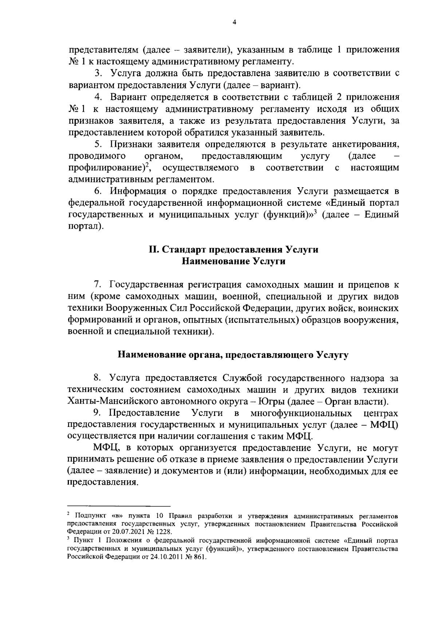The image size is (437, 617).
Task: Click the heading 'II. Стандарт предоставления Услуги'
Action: pyautogui.click(x=233, y=250)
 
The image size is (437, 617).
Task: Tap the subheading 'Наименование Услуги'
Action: pyautogui.click(x=233, y=262)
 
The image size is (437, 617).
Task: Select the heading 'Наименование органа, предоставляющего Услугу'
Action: pyautogui.click(x=233, y=355)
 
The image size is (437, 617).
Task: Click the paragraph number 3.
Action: pyautogui.click(x=98, y=74)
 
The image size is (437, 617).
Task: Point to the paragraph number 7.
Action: pyautogui.click(x=97, y=284)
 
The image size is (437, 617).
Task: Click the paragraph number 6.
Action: pyautogui.click(x=97, y=191)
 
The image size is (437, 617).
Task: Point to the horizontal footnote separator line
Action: pyautogui.click(x=119, y=506)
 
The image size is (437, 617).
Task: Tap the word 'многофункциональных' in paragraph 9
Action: pyautogui.click(x=301, y=413)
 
